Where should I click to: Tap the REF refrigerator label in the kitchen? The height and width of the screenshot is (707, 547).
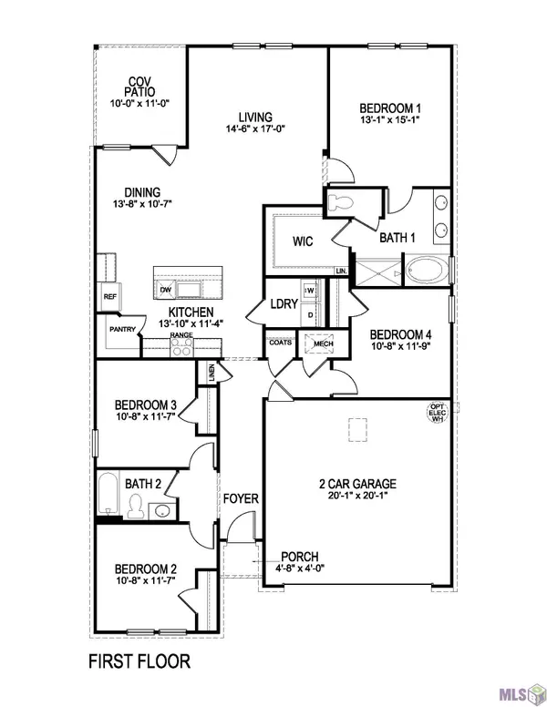(x=109, y=297)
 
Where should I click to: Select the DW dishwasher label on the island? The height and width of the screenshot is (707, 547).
(x=166, y=290)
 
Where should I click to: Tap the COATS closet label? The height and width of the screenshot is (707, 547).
(x=278, y=343)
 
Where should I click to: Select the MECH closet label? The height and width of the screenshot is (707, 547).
(x=320, y=343)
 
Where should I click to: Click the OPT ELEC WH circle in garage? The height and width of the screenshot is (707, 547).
(x=436, y=415)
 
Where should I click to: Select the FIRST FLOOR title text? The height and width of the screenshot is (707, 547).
(x=139, y=659)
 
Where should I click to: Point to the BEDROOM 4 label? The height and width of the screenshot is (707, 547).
(x=400, y=334)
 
